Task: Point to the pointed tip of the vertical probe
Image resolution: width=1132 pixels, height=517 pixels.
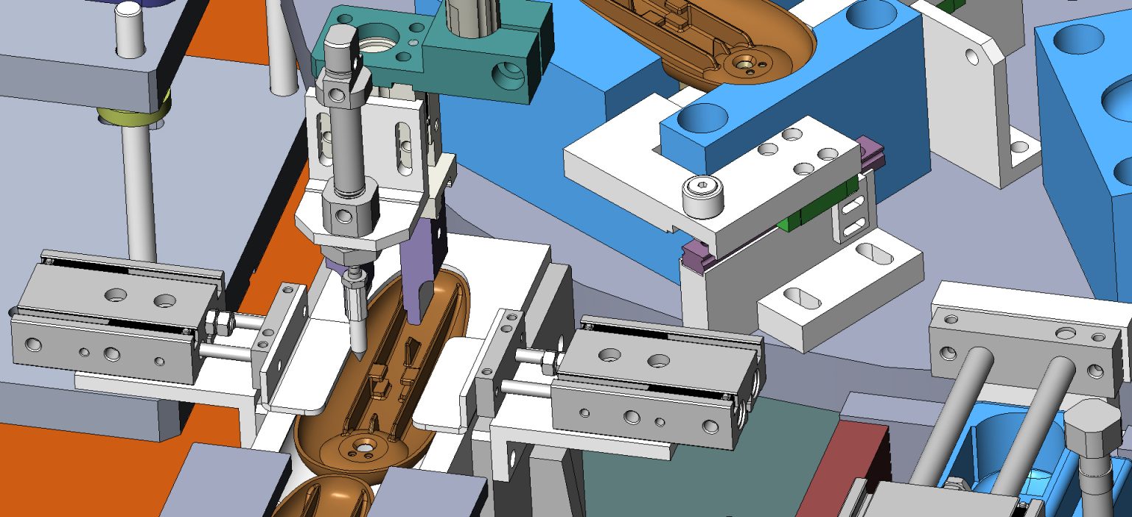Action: (357, 354)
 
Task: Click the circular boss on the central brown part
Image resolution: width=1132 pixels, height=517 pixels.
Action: (364, 448)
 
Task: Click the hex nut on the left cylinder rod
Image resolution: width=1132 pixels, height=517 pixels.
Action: (218, 322)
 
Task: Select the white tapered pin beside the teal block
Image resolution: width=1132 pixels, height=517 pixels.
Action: (281, 52)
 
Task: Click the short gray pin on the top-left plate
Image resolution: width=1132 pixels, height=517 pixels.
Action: (130, 29)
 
